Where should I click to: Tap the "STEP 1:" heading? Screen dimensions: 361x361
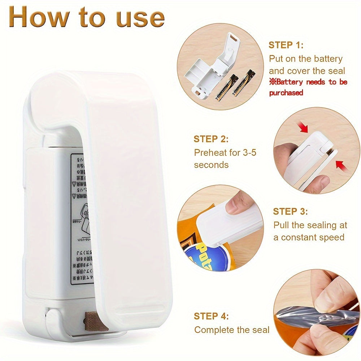pos(286,45)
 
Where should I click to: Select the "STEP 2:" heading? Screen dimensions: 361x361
pos(211,139)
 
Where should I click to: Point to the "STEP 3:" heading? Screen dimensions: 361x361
pos(290,212)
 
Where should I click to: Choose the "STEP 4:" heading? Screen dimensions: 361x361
pos(211,316)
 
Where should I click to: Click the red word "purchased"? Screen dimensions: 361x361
pos(286,93)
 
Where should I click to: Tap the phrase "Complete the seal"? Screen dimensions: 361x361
pos(232,330)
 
